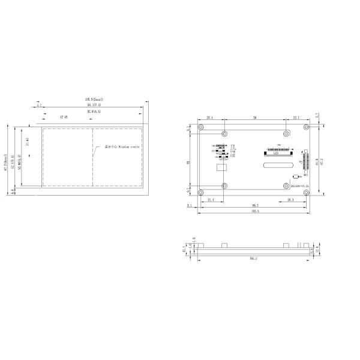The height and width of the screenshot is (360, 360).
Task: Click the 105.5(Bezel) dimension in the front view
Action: pos(94,99)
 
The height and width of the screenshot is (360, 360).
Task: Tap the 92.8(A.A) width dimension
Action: pos(94,112)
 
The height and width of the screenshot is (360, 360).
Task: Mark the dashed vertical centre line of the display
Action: pos(92,159)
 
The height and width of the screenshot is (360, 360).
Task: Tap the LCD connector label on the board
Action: pos(275,153)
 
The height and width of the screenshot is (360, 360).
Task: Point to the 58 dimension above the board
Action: pos(254,118)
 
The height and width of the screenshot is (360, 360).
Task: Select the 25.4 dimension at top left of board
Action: pos(210,118)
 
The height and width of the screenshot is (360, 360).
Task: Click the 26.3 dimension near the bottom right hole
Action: pos(290,200)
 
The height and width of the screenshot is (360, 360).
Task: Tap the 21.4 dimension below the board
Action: pos(210,200)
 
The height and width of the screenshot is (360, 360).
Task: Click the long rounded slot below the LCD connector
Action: pos(277,163)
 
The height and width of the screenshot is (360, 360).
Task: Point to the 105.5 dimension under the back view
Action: pos(254,211)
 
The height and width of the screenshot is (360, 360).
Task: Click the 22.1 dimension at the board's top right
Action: pos(296,118)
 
